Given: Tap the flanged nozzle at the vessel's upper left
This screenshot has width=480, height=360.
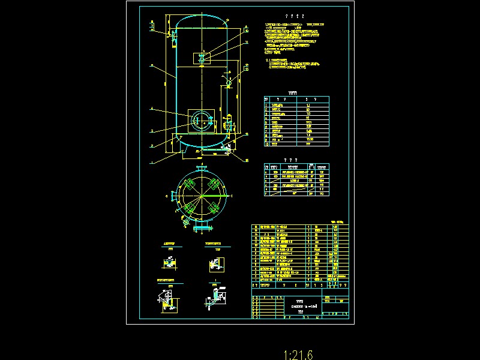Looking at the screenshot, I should (172, 35).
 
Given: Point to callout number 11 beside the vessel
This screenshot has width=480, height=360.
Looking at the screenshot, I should (246, 42).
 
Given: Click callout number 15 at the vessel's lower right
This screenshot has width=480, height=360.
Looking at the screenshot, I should (247, 160).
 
